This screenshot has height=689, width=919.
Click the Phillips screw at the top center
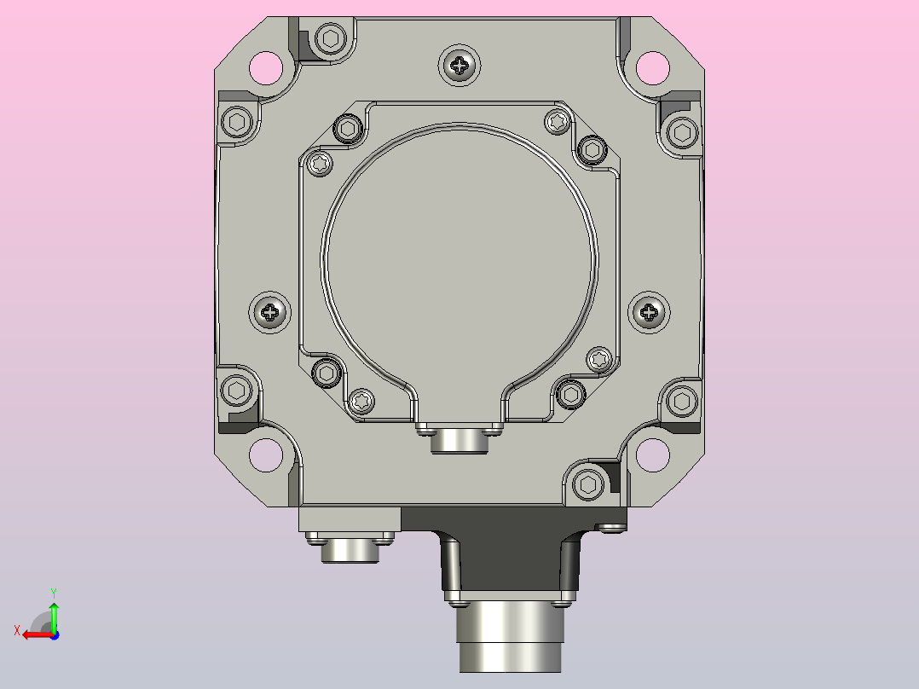pyautogui.click(x=459, y=65)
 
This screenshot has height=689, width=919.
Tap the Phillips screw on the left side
pyautogui.click(x=269, y=312)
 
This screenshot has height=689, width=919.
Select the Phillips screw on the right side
pyautogui.click(x=649, y=312)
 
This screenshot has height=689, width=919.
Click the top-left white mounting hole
pyautogui.click(x=266, y=67)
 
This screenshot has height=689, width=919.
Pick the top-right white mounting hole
pyautogui.click(x=652, y=67)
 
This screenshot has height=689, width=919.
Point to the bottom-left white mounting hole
pyautogui.click(x=266, y=455)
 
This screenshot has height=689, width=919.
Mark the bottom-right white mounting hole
pyautogui.click(x=652, y=455)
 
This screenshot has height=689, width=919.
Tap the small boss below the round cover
pyautogui.click(x=459, y=441)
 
